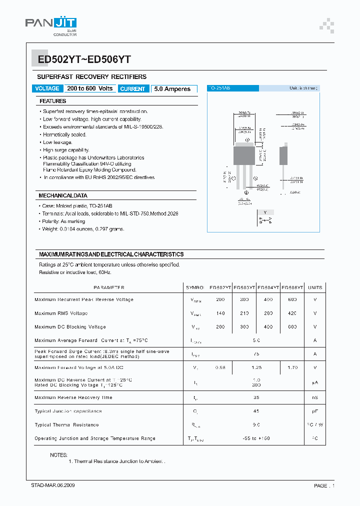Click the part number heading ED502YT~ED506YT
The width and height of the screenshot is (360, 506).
tap(84, 59)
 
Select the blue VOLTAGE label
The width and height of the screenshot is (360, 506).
tap(47, 88)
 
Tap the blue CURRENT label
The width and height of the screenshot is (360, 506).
tap(133, 89)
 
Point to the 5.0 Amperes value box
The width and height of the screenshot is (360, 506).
tap(172, 89)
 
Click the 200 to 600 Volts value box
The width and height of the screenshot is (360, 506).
tap(90, 88)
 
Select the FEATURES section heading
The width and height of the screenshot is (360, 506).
tap(53, 101)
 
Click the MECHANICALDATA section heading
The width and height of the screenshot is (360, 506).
tap(63, 195)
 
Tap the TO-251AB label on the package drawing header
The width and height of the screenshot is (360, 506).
tap(220, 88)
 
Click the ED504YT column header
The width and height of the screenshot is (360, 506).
tap(268, 287)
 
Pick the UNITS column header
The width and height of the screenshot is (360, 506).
tap(315, 287)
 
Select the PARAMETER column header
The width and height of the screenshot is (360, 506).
tap(109, 287)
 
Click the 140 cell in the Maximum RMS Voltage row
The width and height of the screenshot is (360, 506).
tap(220, 313)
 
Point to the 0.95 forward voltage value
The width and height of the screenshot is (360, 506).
tap(220, 367)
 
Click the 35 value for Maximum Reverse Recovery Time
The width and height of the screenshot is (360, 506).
tap(256, 398)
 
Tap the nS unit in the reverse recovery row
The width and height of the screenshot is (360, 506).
tap(315, 398)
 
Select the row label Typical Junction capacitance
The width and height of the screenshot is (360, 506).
tap(68, 411)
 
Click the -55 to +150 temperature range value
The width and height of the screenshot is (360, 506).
tap(256, 438)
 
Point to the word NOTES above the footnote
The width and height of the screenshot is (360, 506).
tap(59, 455)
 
